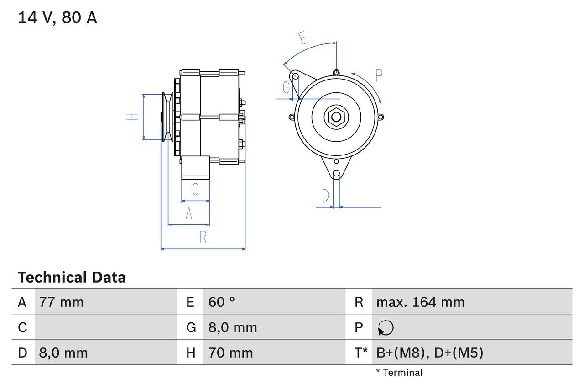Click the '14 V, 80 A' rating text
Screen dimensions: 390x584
point(57,18)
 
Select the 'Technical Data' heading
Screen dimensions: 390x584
point(72,278)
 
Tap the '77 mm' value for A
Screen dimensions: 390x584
point(62,302)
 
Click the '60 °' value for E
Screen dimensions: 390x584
point(222,302)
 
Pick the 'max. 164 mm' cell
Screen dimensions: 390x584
point(420,302)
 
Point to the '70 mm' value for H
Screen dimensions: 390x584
point(230,353)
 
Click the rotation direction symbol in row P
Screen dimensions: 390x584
point(386,327)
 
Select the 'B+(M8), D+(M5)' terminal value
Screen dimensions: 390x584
point(429,353)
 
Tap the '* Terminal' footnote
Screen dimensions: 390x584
point(399,373)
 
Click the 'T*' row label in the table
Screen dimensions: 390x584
point(361,353)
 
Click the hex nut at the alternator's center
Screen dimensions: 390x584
point(336,117)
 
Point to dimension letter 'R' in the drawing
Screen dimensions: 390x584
point(203,237)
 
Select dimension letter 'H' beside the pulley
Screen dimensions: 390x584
point(132,117)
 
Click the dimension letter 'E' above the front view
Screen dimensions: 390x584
point(303,38)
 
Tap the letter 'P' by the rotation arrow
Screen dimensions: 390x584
point(379,75)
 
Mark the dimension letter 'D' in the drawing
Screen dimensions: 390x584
point(325,196)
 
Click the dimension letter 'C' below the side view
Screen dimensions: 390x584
point(195,189)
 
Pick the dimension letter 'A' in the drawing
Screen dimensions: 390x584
point(189,213)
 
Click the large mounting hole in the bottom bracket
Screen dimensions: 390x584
point(336,174)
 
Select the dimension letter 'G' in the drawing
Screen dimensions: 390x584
point(287,87)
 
